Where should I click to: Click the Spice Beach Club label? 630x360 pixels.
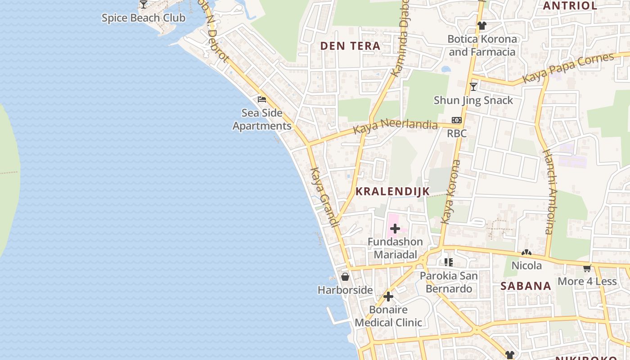143,18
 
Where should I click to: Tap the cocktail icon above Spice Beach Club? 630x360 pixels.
143,4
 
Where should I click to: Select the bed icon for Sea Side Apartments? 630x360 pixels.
262,99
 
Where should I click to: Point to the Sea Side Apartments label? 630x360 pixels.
262,119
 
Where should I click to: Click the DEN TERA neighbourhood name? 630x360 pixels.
350,46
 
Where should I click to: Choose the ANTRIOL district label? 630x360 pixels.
570,6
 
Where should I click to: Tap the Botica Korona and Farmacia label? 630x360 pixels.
482,45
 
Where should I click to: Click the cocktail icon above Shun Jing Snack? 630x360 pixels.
473,86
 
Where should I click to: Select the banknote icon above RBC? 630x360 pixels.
457,120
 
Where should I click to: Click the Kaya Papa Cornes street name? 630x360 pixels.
568,69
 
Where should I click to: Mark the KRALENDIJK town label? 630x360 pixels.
392,191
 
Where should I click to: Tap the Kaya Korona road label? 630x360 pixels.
451,192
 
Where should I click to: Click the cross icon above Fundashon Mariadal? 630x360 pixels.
395,229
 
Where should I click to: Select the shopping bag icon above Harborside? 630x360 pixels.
345,276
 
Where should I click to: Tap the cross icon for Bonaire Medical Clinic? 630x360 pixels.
388,297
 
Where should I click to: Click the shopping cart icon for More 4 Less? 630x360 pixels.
587,268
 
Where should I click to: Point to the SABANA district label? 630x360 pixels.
526,286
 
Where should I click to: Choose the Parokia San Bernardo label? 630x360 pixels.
449,282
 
